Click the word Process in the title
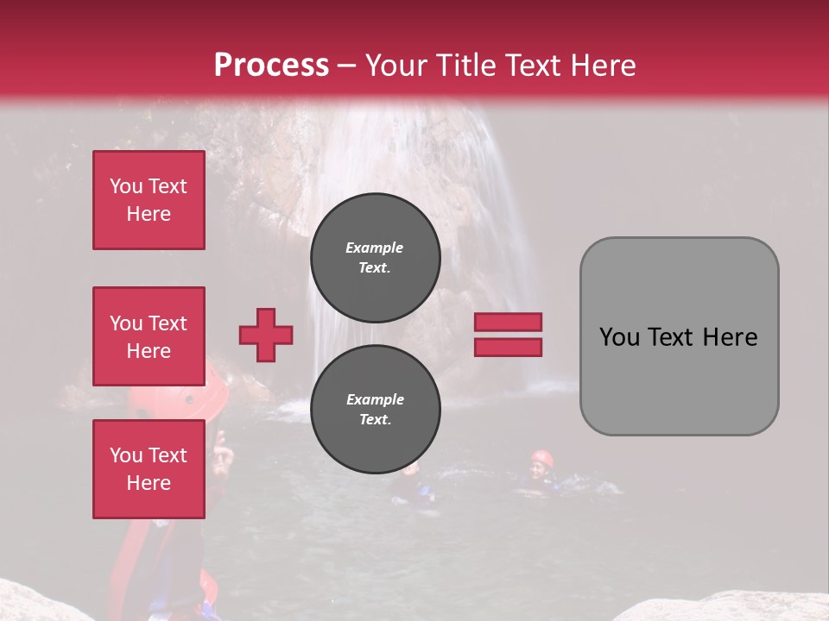271,66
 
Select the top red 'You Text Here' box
149,200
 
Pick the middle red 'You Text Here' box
149,336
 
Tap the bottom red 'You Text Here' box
149,469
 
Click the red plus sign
266,335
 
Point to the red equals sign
508,335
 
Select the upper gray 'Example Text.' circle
376,258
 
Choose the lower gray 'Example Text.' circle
376,410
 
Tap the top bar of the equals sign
508,322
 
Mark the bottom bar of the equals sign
508,348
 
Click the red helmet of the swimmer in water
541,457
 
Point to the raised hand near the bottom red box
222,453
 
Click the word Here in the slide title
604,66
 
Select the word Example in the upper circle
375,248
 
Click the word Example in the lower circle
375,399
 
